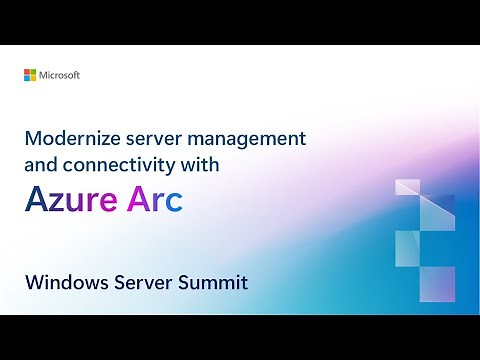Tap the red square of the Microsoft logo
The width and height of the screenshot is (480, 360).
pyautogui.click(x=27, y=72)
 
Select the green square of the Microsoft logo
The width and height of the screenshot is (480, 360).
pyautogui.click(x=33, y=72)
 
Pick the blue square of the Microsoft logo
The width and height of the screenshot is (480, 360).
pyautogui.click(x=27, y=78)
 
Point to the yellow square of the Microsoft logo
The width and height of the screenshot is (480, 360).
pyautogui.click(x=33, y=78)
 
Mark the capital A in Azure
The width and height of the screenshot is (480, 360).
pyautogui.click(x=38, y=201)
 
